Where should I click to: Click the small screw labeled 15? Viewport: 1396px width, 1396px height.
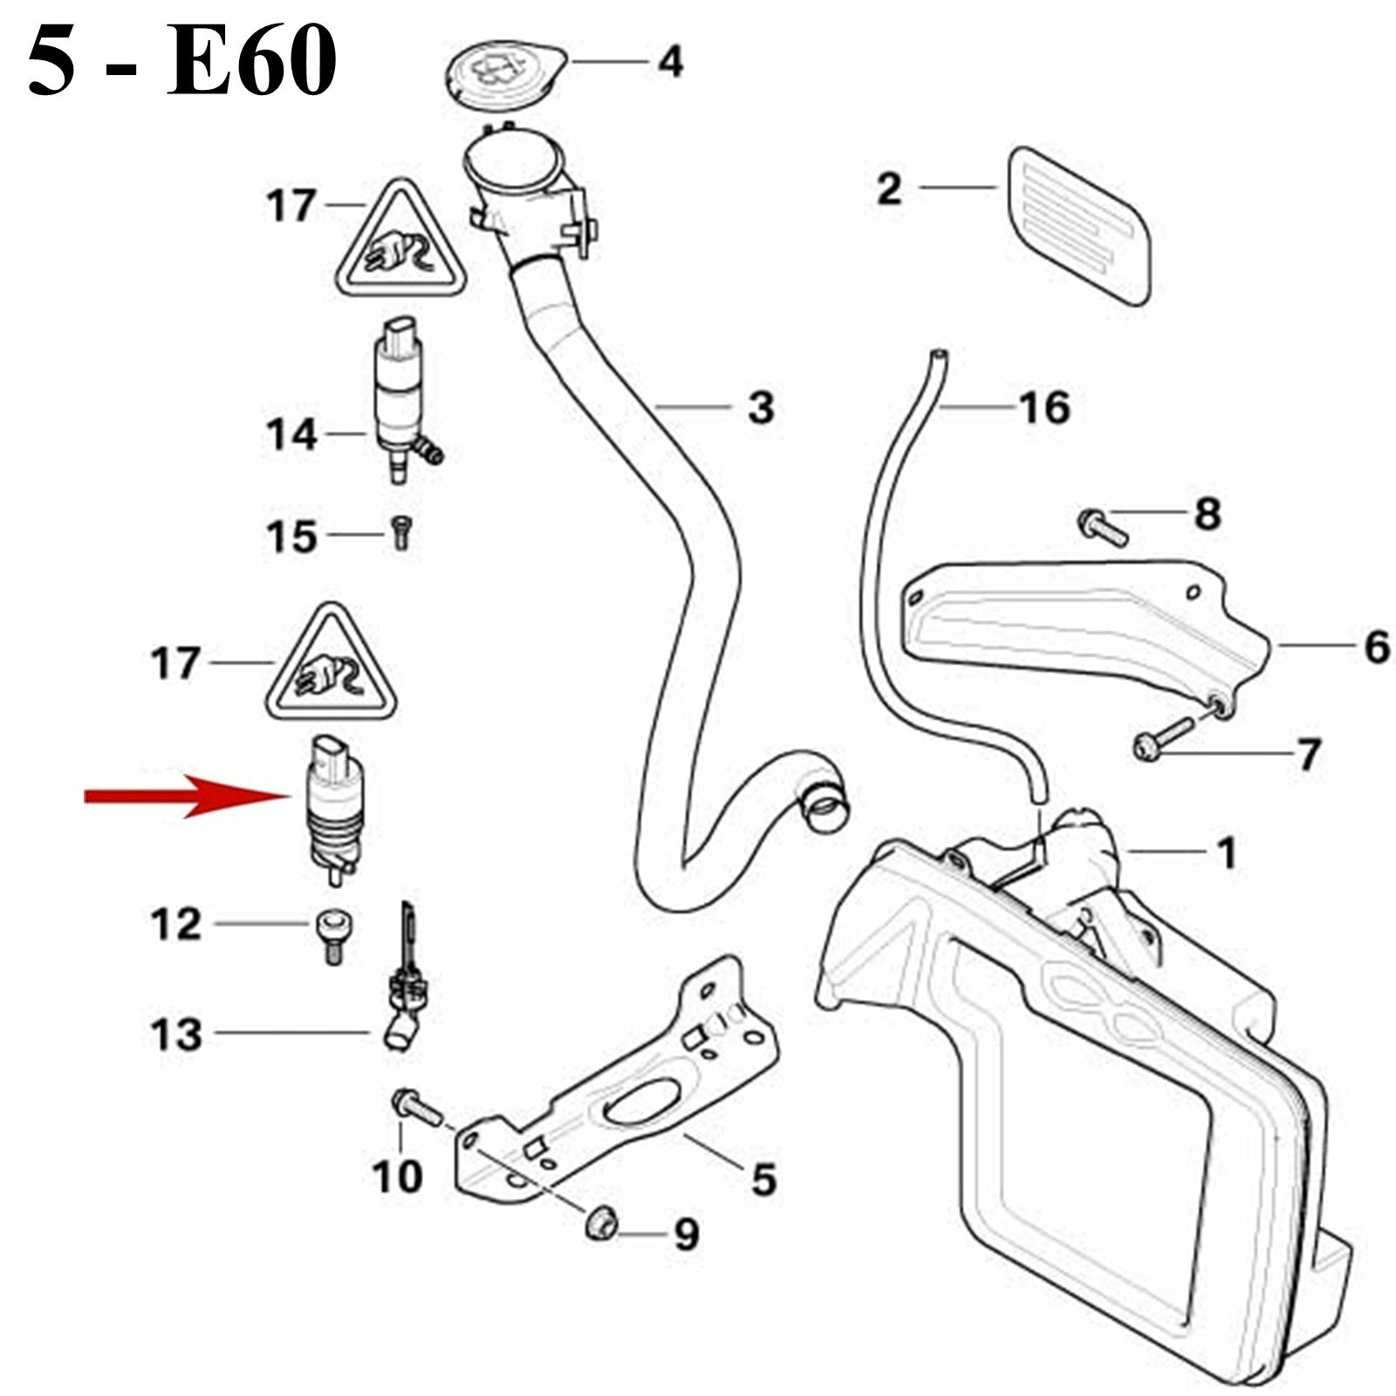[x=400, y=531]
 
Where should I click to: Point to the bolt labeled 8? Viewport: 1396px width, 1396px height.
[x=1103, y=526]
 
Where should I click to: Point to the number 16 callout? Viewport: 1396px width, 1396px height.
[x=1044, y=407]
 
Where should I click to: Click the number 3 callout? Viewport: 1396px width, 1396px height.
[x=761, y=407]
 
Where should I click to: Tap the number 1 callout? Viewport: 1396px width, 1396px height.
[x=1226, y=852]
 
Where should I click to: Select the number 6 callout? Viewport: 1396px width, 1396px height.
[x=1376, y=647]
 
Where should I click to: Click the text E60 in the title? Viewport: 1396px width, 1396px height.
[x=251, y=63]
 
